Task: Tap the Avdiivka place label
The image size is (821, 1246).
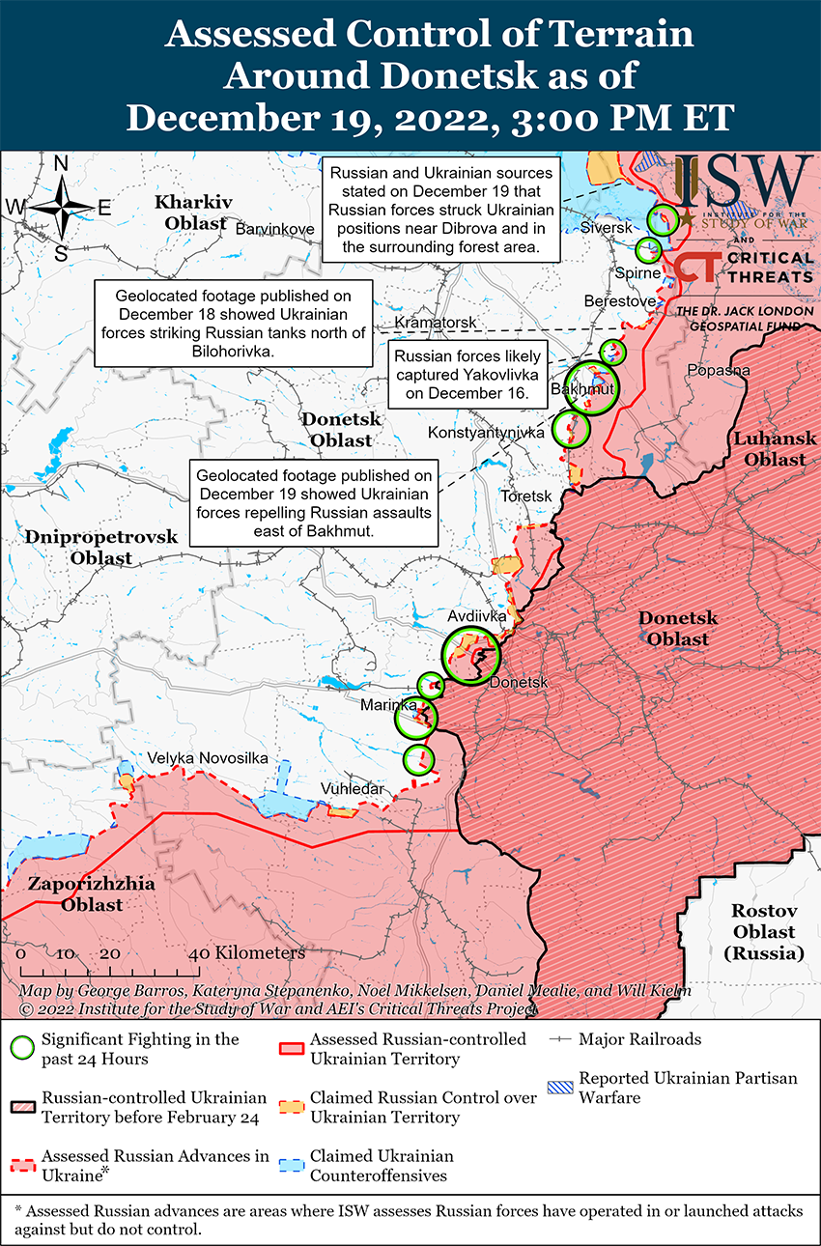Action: click(x=476, y=615)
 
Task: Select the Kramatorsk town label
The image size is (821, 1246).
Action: click(x=435, y=321)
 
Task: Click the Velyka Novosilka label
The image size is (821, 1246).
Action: click(x=207, y=759)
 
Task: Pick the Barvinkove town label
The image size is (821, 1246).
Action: click(x=275, y=228)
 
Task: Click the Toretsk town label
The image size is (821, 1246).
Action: click(x=525, y=496)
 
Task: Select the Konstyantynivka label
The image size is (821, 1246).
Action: click(x=486, y=433)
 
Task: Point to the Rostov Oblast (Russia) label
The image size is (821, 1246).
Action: click(x=763, y=932)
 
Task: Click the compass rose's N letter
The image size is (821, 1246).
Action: click(x=61, y=163)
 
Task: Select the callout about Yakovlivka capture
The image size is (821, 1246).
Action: click(x=467, y=375)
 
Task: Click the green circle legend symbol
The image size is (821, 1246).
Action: click(x=24, y=1048)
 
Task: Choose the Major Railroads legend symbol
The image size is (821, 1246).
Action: click(x=560, y=1040)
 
